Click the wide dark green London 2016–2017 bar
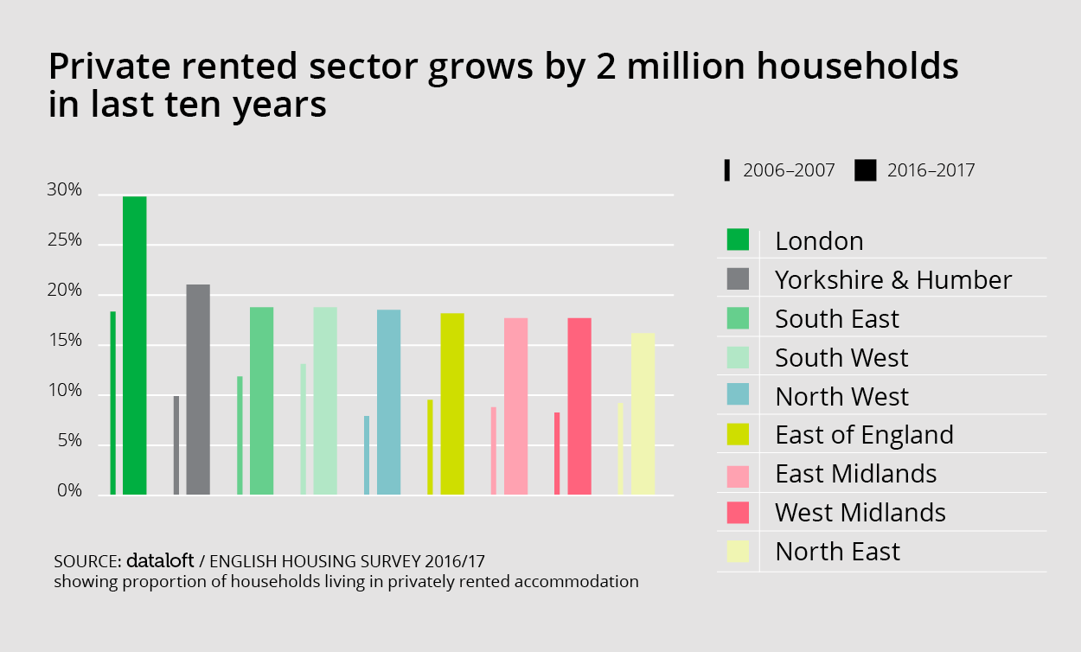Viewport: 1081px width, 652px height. pyautogui.click(x=134, y=346)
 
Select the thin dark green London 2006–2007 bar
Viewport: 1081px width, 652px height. pyautogui.click(x=113, y=403)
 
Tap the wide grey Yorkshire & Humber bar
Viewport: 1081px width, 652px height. pyautogui.click(x=198, y=389)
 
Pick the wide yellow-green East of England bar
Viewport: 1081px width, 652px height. pyautogui.click(x=452, y=404)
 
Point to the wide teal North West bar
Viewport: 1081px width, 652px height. pyautogui.click(x=388, y=402)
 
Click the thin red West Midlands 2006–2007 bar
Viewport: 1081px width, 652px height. pyautogui.click(x=557, y=453)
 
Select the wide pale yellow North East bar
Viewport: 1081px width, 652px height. pyautogui.click(x=643, y=413)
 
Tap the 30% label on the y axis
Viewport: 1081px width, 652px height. pyautogui.click(x=65, y=191)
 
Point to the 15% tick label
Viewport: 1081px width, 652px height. pyautogui.click(x=65, y=342)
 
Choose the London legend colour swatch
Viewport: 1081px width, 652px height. pyautogui.click(x=738, y=240)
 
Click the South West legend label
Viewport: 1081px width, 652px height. pyautogui.click(x=841, y=357)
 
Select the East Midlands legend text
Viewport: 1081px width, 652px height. pyautogui.click(x=855, y=474)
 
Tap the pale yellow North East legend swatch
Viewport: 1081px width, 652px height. pyautogui.click(x=738, y=551)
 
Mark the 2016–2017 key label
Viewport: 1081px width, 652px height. pyautogui.click(x=931, y=170)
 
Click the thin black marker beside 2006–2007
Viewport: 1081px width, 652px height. pyautogui.click(x=727, y=170)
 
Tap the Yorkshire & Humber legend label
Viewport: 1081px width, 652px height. pyautogui.click(x=892, y=279)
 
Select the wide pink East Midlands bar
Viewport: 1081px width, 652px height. pyautogui.click(x=515, y=406)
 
